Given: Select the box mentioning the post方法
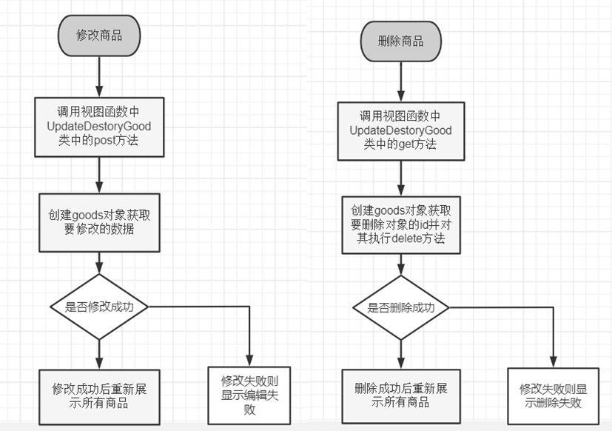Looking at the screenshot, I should point(98,127).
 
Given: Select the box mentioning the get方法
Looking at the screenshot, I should point(400,130).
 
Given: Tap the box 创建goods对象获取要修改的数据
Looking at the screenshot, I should point(98,221).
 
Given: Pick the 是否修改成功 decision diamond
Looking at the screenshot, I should point(98,306).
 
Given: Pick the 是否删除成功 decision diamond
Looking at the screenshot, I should point(400,308).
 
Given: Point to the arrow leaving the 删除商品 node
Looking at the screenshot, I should point(400,81).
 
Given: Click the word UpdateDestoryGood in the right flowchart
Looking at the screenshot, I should point(400,131).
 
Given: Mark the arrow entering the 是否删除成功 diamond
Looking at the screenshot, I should point(400,264).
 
